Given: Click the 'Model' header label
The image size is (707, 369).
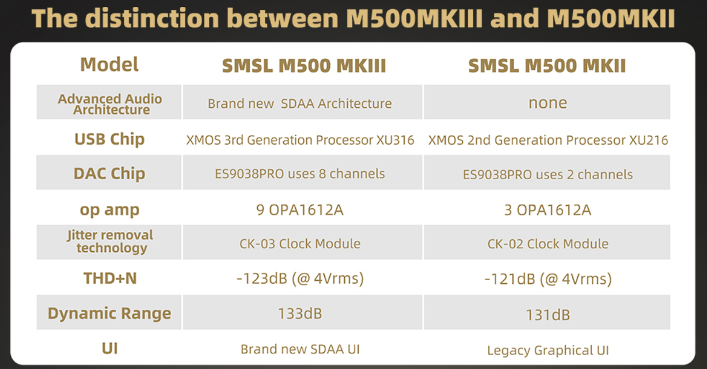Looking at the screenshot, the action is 109,65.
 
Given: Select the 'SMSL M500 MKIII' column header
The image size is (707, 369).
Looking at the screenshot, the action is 304,66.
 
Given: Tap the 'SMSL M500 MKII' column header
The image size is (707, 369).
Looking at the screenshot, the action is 547,66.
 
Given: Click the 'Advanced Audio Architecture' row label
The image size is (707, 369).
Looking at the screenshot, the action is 110,104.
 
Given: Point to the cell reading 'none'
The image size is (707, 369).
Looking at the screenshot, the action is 548,103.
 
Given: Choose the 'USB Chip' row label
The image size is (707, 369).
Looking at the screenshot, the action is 109,140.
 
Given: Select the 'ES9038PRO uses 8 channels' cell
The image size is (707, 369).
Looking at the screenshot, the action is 300,174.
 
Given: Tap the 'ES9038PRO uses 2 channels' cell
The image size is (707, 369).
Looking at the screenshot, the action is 548,175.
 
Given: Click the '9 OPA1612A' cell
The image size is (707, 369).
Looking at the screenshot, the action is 300,210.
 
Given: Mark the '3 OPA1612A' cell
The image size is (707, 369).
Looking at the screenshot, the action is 548,210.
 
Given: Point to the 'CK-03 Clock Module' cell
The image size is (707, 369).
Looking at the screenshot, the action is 300,244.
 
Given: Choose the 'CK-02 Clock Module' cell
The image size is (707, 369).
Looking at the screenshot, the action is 548,244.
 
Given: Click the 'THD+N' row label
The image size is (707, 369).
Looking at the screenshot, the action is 110,278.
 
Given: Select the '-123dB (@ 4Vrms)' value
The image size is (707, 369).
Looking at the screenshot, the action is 300,278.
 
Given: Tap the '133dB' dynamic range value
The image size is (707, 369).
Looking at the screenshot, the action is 300,314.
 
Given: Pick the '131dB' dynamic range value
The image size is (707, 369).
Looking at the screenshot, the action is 548,315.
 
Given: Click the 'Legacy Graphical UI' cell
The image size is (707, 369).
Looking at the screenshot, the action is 548,351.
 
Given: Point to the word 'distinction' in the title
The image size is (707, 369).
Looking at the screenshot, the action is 152,18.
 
